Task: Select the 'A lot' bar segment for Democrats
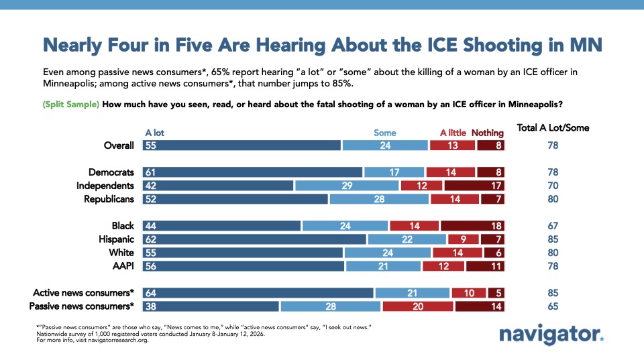252,172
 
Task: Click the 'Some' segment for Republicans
379,199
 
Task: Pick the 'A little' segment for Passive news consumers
418,306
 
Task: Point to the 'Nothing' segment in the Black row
472,226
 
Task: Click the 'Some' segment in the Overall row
385,145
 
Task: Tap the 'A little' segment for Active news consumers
469,293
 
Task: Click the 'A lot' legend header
156,133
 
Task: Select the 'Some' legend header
384,133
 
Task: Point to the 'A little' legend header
453,133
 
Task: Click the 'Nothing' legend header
487,133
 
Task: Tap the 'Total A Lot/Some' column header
553,128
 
